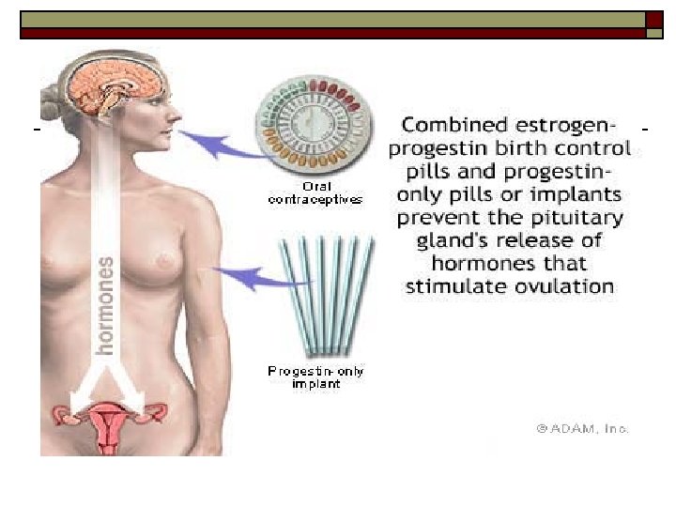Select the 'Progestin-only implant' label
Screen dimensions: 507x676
pos(315,377)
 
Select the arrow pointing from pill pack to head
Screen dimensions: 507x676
pos(215,144)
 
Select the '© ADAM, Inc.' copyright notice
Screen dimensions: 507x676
pos(582,428)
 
